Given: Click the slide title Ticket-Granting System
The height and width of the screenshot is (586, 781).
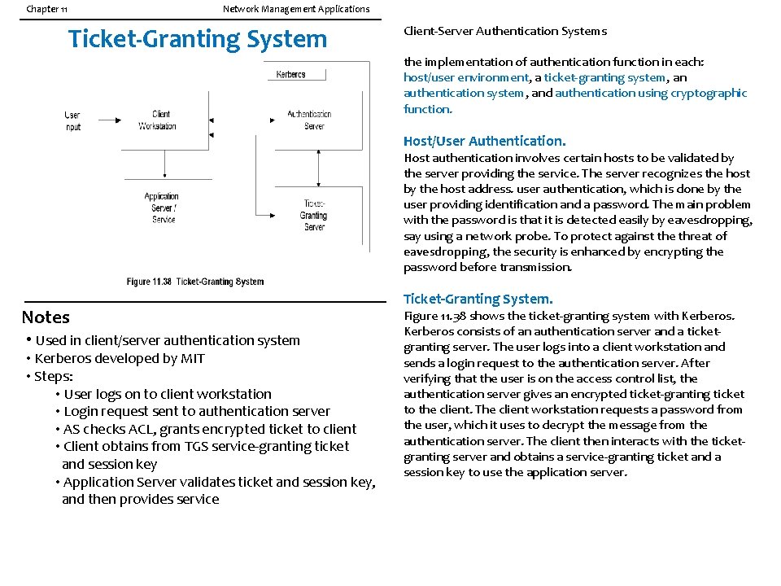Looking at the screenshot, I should tap(198, 39).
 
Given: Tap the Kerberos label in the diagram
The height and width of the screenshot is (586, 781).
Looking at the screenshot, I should tap(290, 74).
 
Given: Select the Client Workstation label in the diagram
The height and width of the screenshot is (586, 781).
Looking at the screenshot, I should tap(157, 120).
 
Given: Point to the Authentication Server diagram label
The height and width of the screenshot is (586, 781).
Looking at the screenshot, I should tap(308, 120).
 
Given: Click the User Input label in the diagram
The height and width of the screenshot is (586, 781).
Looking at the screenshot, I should tap(72, 121).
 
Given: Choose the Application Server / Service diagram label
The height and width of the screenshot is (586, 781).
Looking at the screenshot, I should tap(163, 208).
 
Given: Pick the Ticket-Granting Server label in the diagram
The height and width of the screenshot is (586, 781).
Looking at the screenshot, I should tap(313, 215).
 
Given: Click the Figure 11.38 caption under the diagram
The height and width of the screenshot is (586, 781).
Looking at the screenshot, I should tap(195, 282).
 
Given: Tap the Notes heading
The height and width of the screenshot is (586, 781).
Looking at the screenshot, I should tap(46, 317).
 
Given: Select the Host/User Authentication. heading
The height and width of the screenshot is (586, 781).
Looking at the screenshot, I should tap(484, 141).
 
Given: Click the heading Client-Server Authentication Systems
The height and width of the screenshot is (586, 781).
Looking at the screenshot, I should tap(505, 31).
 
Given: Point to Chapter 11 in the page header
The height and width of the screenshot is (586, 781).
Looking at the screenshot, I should tap(47, 9).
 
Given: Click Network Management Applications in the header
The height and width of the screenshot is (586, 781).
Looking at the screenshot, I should tap(296, 9).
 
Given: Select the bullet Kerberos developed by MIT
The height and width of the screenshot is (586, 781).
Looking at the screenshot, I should tap(119, 358).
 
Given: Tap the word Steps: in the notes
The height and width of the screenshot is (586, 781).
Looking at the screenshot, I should tap(54, 376).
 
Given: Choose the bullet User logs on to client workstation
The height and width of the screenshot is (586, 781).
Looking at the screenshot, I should tap(168, 394).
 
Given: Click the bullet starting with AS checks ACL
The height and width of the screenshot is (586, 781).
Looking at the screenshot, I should tap(210, 429).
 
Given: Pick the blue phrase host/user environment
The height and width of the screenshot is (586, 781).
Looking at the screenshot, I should tap(465, 77).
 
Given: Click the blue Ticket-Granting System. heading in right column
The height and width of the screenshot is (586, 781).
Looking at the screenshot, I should tap(478, 299).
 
